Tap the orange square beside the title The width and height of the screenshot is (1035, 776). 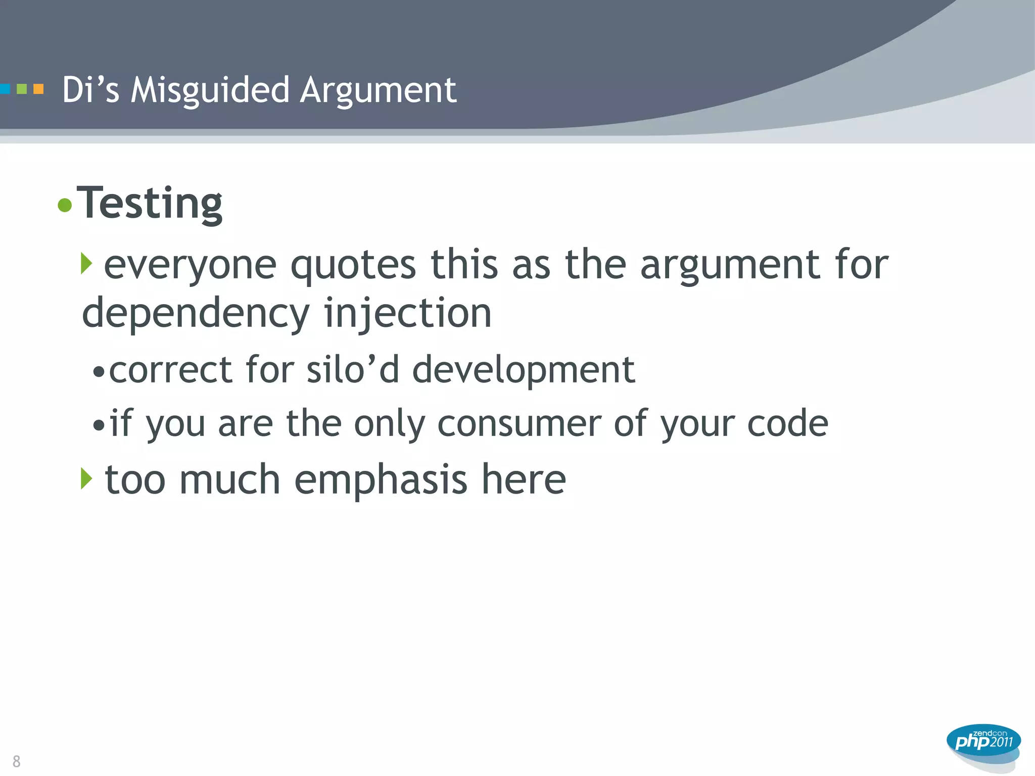pos(38,89)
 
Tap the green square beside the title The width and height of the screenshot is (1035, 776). pos(22,89)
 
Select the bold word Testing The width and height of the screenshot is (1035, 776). pos(150,204)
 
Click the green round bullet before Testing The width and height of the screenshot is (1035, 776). pos(65,205)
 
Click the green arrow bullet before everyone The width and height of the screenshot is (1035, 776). pos(86,264)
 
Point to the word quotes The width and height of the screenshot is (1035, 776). pos(353,265)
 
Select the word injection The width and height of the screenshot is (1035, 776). pos(407,313)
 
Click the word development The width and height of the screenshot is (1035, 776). pos(524,370)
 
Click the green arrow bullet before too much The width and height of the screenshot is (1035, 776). pos(86,478)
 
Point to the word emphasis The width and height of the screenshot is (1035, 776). pos(381,480)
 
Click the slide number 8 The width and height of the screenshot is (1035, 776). pos(17,761)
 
